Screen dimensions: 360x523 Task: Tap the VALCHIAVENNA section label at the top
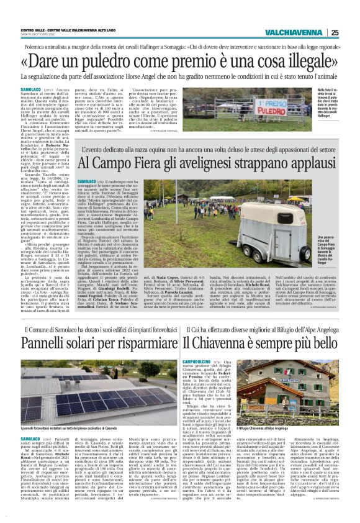(293, 32)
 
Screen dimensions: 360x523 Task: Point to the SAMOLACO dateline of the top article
(31, 88)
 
